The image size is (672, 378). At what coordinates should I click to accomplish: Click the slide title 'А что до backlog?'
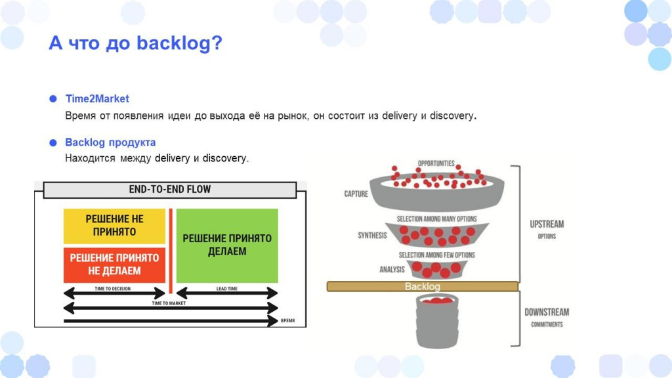[x=135, y=43]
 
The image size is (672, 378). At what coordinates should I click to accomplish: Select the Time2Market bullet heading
[x=97, y=98]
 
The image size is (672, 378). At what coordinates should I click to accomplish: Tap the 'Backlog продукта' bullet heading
[x=110, y=142]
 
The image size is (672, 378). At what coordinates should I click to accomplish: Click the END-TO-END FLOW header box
[x=170, y=190]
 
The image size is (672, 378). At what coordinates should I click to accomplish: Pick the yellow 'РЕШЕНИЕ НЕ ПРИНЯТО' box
[x=114, y=226]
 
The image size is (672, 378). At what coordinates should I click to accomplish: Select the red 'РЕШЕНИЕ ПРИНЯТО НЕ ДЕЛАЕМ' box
[x=114, y=265]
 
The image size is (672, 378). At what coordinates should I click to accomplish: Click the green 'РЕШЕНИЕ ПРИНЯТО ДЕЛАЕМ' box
[x=227, y=245]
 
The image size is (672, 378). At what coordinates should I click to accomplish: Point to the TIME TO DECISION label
[x=112, y=289]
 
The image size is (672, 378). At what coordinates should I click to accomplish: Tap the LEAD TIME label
[x=226, y=289]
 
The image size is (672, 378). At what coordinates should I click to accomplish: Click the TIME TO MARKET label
[x=169, y=303]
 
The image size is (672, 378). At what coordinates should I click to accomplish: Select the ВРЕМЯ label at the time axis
[x=287, y=320]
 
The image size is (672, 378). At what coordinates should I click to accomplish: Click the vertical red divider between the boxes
[x=171, y=251]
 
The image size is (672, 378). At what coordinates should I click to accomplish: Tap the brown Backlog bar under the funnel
[x=423, y=286]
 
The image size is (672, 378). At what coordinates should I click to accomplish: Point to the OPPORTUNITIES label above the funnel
[x=436, y=163]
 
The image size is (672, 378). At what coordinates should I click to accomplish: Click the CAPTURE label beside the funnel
[x=356, y=194]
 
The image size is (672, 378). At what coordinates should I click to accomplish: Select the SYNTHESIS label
[x=373, y=236]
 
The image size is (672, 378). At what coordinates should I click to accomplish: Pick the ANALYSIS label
[x=392, y=269]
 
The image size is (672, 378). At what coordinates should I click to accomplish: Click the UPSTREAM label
[x=547, y=224]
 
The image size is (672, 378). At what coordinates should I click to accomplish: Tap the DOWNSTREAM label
[x=547, y=312]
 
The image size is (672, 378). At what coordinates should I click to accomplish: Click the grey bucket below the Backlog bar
[x=437, y=322]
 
